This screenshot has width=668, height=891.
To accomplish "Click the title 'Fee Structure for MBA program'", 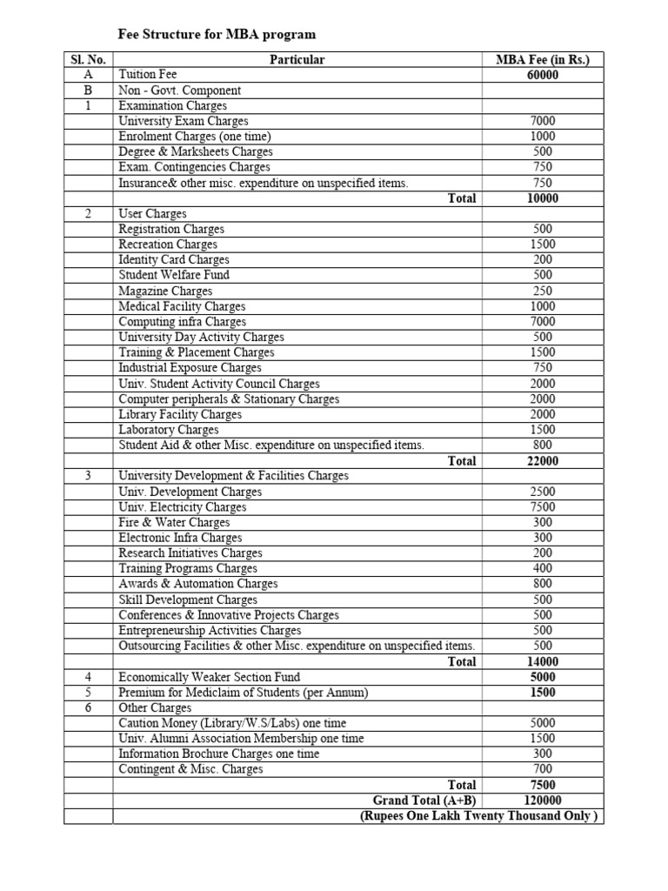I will (x=217, y=35).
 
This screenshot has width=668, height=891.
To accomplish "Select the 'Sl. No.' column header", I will (x=88, y=60).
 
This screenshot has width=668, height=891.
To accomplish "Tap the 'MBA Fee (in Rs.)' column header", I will (x=542, y=60).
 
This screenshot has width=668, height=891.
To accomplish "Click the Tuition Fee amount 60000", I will (x=542, y=76).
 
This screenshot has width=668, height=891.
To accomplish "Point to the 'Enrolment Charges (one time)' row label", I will (x=195, y=137).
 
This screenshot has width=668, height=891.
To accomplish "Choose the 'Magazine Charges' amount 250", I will (x=542, y=291).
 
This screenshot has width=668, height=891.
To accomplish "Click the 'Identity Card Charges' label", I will (x=174, y=260).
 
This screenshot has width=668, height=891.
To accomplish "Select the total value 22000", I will (x=542, y=461).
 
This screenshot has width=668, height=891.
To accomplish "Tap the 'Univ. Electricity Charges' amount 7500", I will (x=542, y=507).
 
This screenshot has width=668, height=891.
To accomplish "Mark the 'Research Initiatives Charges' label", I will (x=190, y=553).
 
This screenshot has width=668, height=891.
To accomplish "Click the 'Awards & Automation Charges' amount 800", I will (x=542, y=584).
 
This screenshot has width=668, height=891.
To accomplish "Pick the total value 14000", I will (x=542, y=661).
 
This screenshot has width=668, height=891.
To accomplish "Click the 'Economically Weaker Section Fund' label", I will (x=210, y=677).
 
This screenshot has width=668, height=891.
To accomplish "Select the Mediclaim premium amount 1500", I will (x=542, y=693).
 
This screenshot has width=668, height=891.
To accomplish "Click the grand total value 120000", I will (x=542, y=801).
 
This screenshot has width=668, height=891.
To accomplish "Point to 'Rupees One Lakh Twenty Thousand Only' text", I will (x=479, y=816).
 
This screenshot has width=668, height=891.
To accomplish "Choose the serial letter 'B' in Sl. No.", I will (x=88, y=90).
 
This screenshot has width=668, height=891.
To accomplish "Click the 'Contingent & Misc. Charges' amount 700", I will (x=542, y=769).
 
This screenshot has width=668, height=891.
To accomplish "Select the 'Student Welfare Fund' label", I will (x=174, y=275).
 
